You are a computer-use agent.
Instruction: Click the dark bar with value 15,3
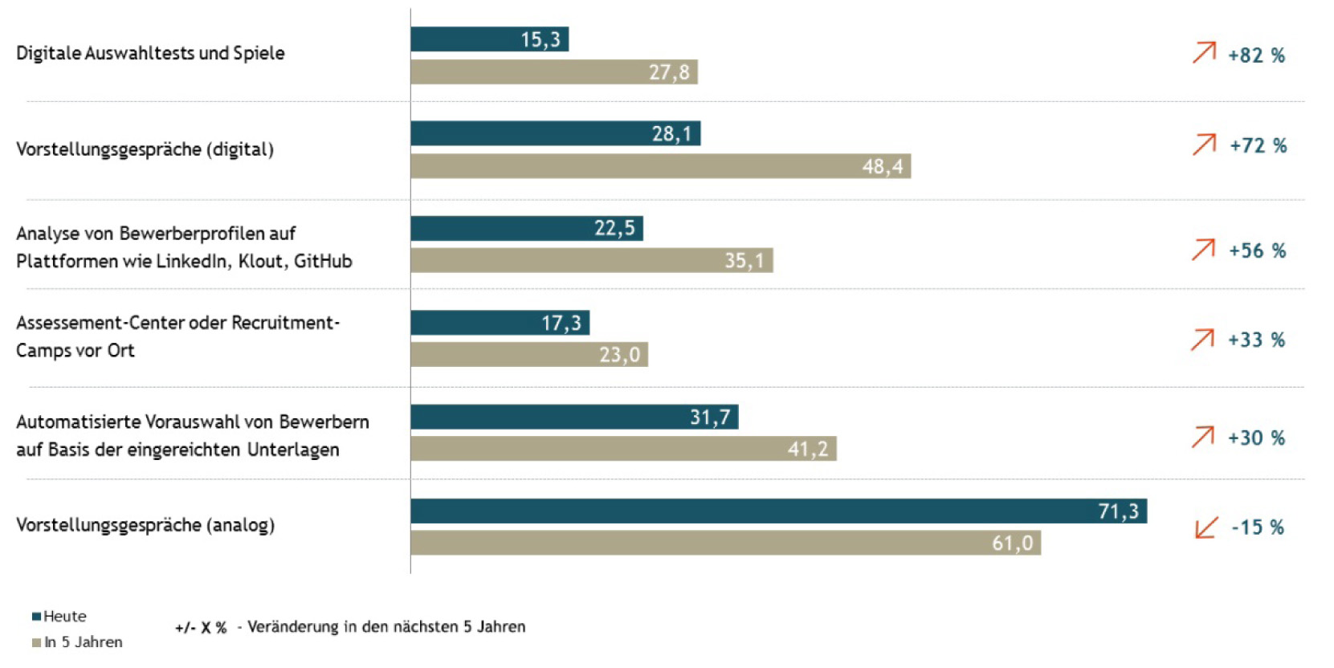[x=489, y=39]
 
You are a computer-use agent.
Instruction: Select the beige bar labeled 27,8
[x=553, y=72]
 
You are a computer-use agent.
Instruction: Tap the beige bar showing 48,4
[x=660, y=166]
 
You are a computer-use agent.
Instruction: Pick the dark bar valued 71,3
[x=777, y=511]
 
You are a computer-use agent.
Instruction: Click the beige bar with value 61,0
[x=724, y=544]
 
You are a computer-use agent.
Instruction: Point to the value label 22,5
[x=614, y=229]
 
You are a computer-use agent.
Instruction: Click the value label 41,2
[x=807, y=449]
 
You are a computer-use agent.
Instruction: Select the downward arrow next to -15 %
[x=1206, y=527]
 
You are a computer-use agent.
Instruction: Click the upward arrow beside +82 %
[x=1204, y=53]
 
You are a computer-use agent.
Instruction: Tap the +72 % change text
[x=1258, y=146]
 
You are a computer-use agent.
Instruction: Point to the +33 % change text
[x=1256, y=340]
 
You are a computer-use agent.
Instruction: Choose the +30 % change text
[x=1256, y=438]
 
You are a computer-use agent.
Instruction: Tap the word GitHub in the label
[x=323, y=262]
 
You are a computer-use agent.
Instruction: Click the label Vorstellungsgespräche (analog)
[x=145, y=525]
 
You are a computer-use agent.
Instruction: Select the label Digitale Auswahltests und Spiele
[x=150, y=54]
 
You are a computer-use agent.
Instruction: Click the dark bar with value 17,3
[x=500, y=323]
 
